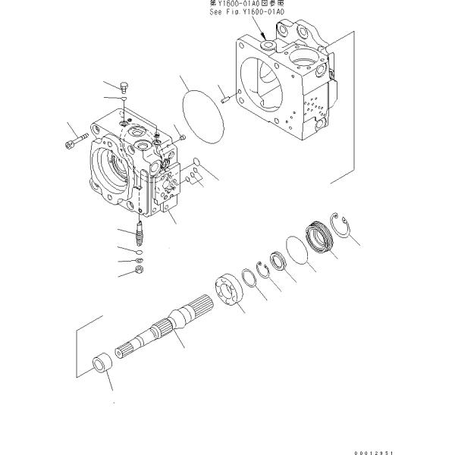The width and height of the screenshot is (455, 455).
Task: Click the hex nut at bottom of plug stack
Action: click(139, 269)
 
